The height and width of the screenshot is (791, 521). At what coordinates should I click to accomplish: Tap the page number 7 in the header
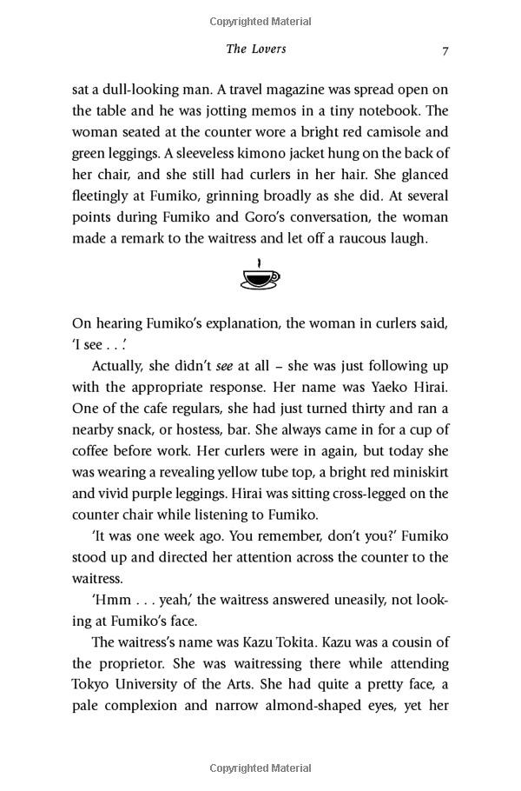445,50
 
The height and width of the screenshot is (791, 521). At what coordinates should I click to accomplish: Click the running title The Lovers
255,49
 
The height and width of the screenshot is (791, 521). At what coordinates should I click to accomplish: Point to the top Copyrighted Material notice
260,19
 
